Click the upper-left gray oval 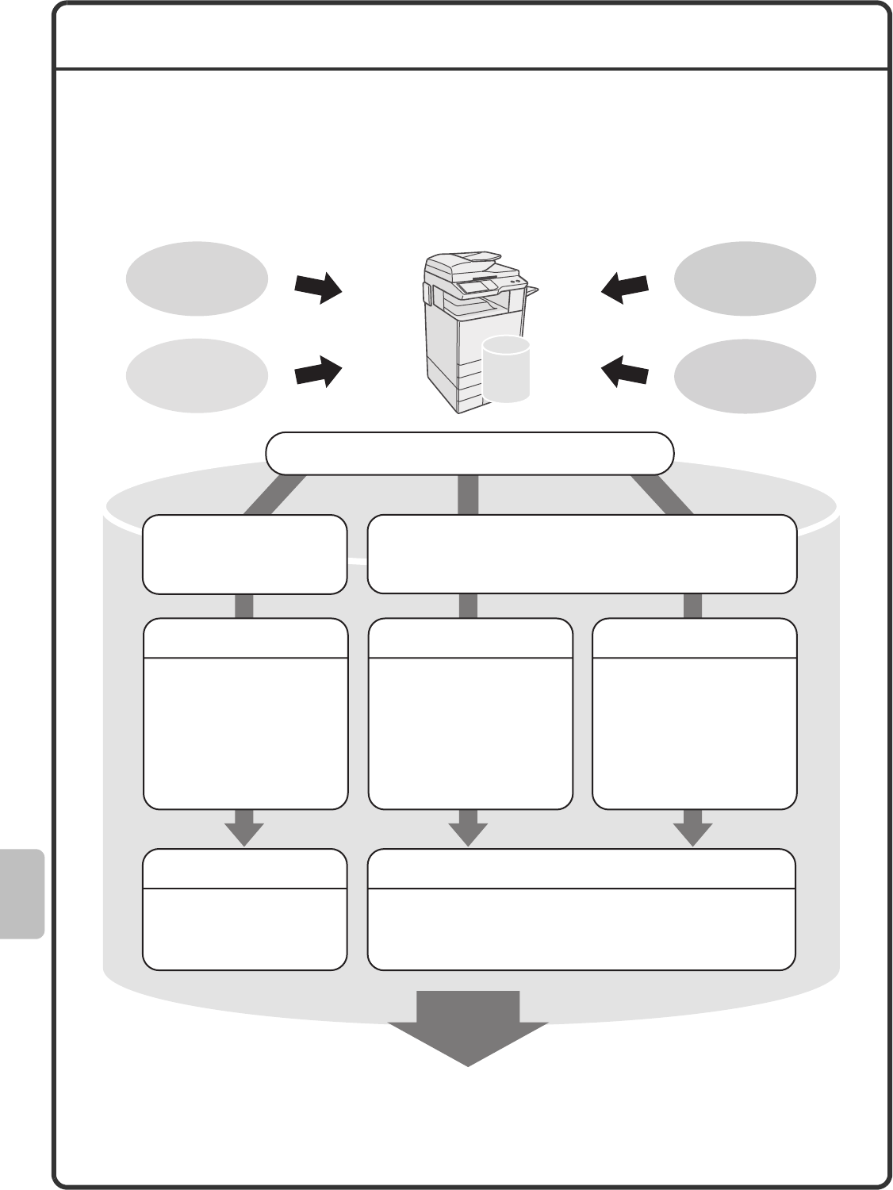[197, 278]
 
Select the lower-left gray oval [197, 375]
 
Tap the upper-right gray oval [745, 278]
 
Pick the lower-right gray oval [745, 375]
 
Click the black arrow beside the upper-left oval [318, 288]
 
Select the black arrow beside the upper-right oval [625, 287]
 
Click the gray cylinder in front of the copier [506, 369]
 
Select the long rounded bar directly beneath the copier [469, 453]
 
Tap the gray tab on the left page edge [22, 893]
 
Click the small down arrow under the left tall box [243, 828]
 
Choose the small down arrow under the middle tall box [468, 828]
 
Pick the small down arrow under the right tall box [693, 828]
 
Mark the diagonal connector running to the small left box [274, 495]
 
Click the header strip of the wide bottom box [581, 869]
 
